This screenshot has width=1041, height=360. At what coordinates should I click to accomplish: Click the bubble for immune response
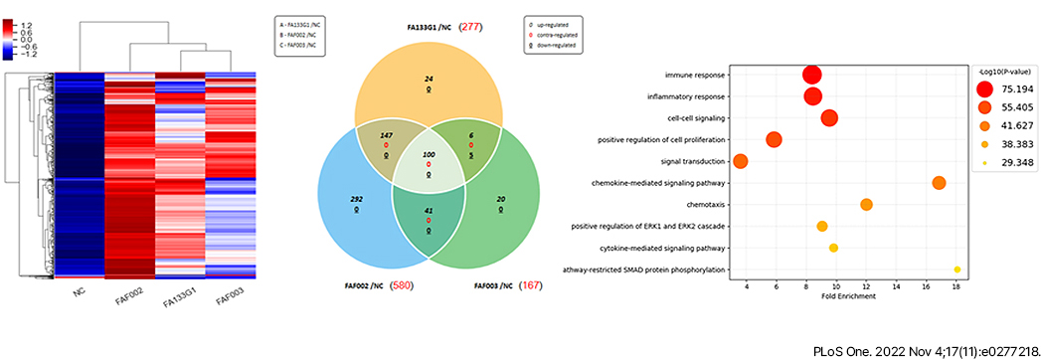pyautogui.click(x=812, y=75)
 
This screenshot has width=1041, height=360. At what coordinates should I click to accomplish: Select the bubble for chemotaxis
pyautogui.click(x=866, y=205)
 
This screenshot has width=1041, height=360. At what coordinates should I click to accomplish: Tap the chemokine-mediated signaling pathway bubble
pyautogui.click(x=939, y=182)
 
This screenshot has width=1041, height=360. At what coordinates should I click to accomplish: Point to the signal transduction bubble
pyautogui.click(x=740, y=161)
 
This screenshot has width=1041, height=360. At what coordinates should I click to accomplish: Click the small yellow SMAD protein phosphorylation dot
pyautogui.click(x=956, y=270)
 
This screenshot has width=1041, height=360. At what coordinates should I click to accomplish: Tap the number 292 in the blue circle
pyautogui.click(x=357, y=200)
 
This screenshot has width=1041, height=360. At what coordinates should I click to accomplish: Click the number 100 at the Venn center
pyautogui.click(x=429, y=156)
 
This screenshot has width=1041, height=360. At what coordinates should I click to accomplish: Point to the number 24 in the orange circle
pyautogui.click(x=429, y=78)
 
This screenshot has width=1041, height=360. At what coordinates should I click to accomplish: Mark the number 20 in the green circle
pyautogui.click(x=501, y=200)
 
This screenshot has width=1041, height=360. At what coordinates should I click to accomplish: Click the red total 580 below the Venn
pyautogui.click(x=402, y=285)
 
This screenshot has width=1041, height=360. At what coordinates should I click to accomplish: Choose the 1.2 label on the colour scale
pyautogui.click(x=25, y=24)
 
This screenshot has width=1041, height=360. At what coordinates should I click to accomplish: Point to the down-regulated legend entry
pyautogui.click(x=558, y=46)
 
